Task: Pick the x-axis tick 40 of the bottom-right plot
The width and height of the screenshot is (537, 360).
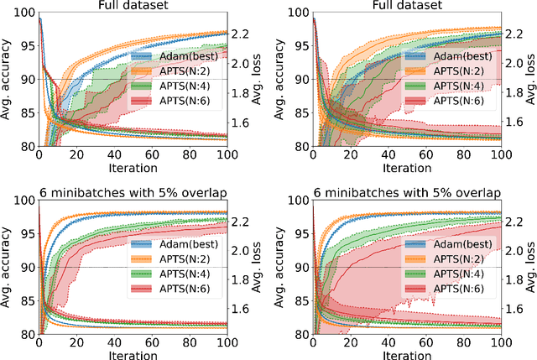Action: [388, 344]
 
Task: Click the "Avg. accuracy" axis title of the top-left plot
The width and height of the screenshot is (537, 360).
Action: [7, 80]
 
